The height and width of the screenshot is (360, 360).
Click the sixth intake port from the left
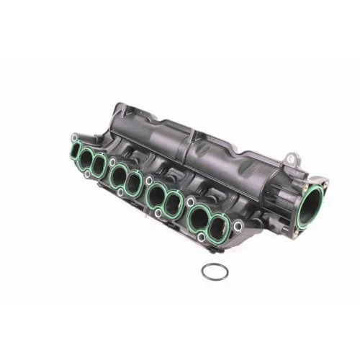coord(173,204)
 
